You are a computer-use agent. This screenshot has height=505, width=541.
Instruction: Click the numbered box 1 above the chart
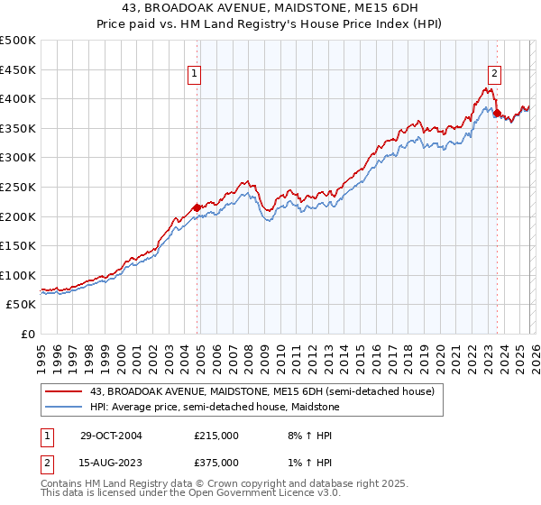point(194,75)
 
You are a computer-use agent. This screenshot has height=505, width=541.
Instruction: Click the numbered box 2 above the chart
point(495,75)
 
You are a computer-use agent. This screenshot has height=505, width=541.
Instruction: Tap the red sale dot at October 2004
point(197,207)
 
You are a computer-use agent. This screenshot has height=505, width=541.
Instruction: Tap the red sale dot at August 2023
point(497,113)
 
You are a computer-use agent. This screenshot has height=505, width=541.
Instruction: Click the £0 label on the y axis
point(29,334)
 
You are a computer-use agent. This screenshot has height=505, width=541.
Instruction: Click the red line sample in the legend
point(64,391)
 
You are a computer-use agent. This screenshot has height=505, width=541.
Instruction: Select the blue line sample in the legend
point(64,407)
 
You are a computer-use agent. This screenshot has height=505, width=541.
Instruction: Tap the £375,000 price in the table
point(216,462)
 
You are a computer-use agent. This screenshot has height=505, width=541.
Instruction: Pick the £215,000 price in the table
point(216,435)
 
